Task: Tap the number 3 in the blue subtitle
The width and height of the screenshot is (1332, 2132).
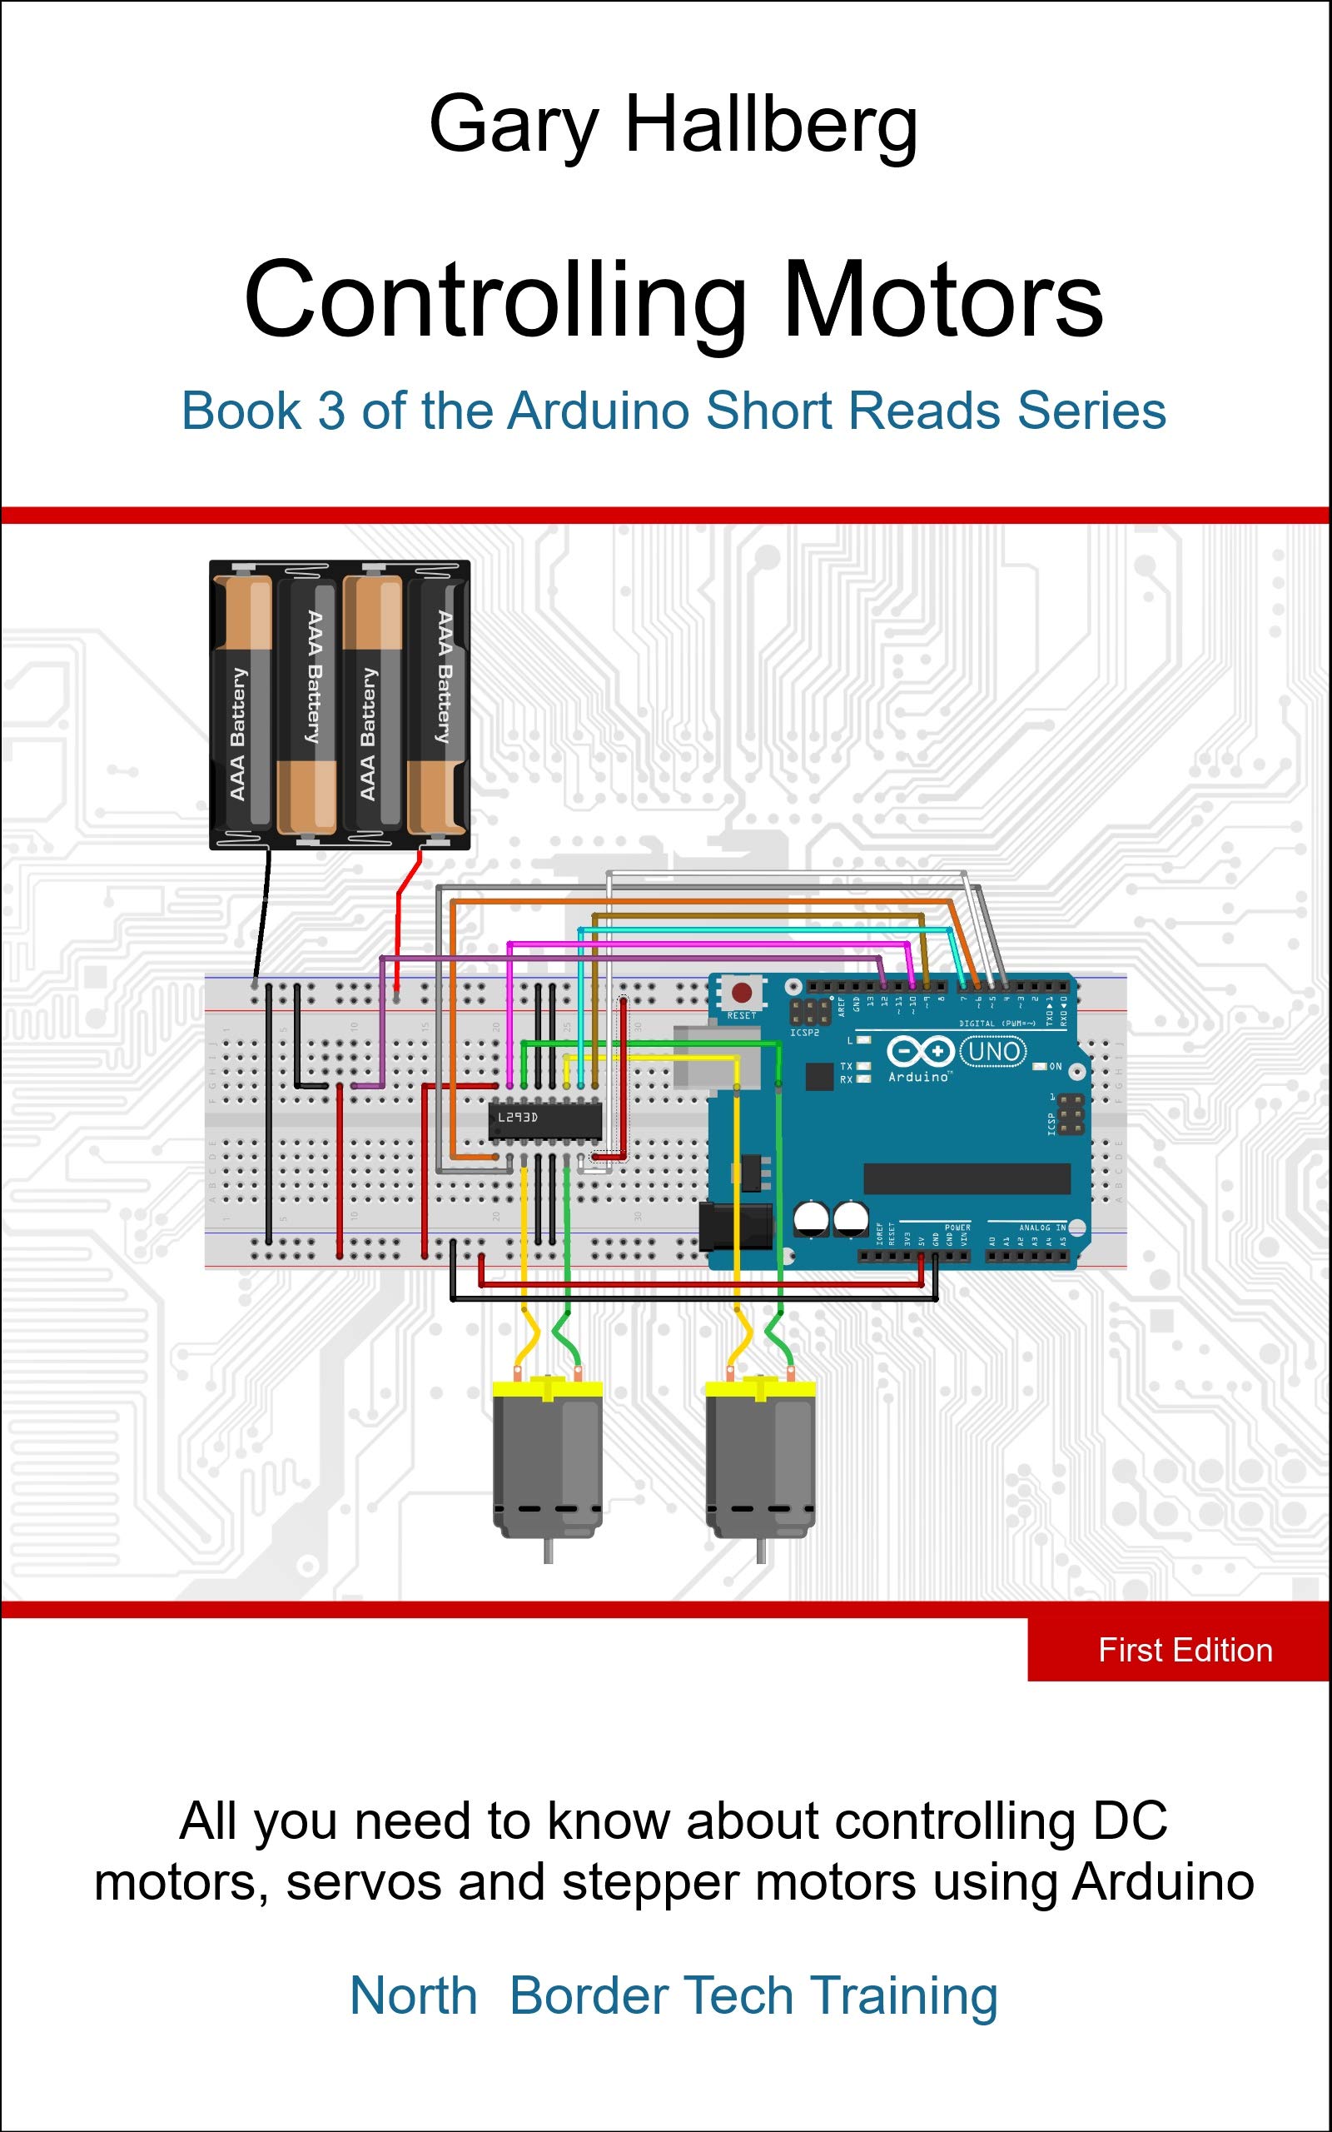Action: [331, 411]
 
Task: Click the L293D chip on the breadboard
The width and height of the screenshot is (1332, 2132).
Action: [544, 1118]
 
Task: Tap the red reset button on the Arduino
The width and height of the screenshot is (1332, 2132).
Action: [742, 994]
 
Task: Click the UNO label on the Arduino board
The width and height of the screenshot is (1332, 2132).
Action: [994, 1051]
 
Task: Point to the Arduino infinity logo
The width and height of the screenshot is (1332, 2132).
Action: [920, 1051]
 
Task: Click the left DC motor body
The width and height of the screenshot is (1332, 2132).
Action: [547, 1453]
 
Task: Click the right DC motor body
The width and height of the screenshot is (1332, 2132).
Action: [760, 1453]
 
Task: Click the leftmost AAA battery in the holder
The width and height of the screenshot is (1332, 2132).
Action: [242, 705]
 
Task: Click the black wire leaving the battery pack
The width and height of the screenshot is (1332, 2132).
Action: [261, 916]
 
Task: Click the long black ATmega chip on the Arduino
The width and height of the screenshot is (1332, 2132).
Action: [967, 1178]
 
